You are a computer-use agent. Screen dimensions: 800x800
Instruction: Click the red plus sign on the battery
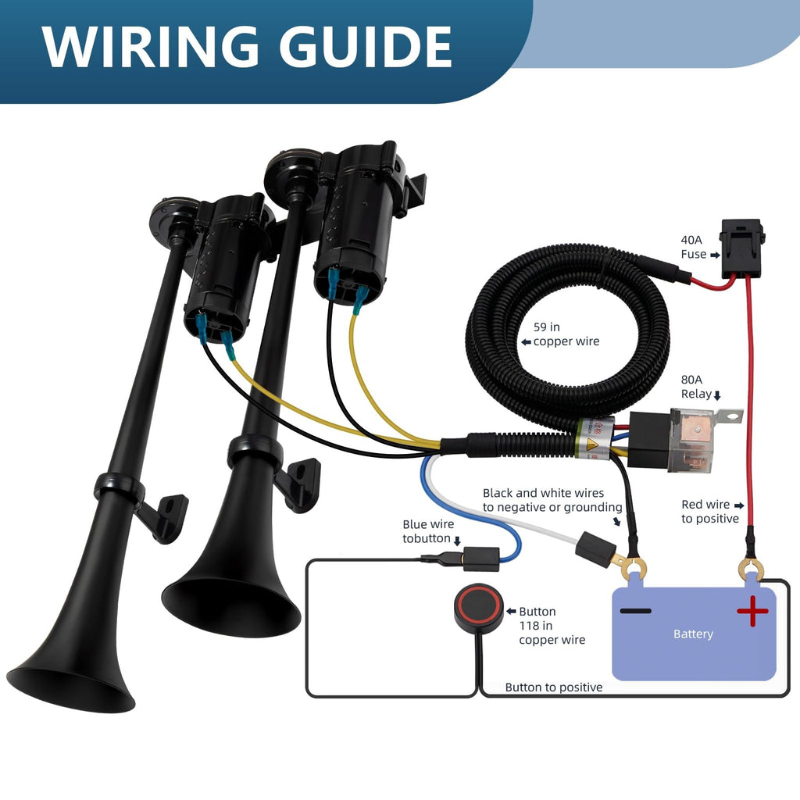(x=752, y=610)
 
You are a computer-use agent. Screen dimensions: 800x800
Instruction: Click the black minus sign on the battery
(x=635, y=610)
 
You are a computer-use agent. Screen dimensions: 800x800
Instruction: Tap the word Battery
(x=693, y=634)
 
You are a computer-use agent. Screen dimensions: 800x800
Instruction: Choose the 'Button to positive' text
(x=554, y=687)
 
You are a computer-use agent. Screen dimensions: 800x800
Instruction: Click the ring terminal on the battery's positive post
(x=751, y=569)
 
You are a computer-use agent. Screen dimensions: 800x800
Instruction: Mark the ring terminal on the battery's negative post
(x=634, y=567)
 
